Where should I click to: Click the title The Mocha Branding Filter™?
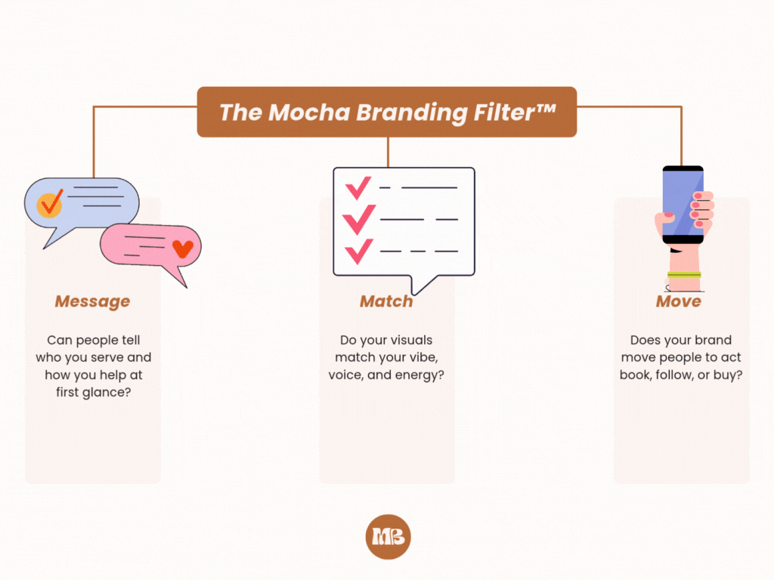(387, 112)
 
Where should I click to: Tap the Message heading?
(92, 301)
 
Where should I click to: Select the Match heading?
(386, 301)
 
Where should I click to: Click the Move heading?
(678, 301)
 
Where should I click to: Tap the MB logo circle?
(387, 537)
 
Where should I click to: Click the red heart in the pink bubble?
(182, 248)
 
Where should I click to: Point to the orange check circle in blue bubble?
(50, 203)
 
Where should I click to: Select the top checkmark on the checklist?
(358, 186)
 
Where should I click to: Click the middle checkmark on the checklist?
(358, 219)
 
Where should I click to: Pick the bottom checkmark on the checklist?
(358, 249)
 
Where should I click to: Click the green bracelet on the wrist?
(684, 274)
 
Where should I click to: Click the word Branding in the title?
(413, 112)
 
